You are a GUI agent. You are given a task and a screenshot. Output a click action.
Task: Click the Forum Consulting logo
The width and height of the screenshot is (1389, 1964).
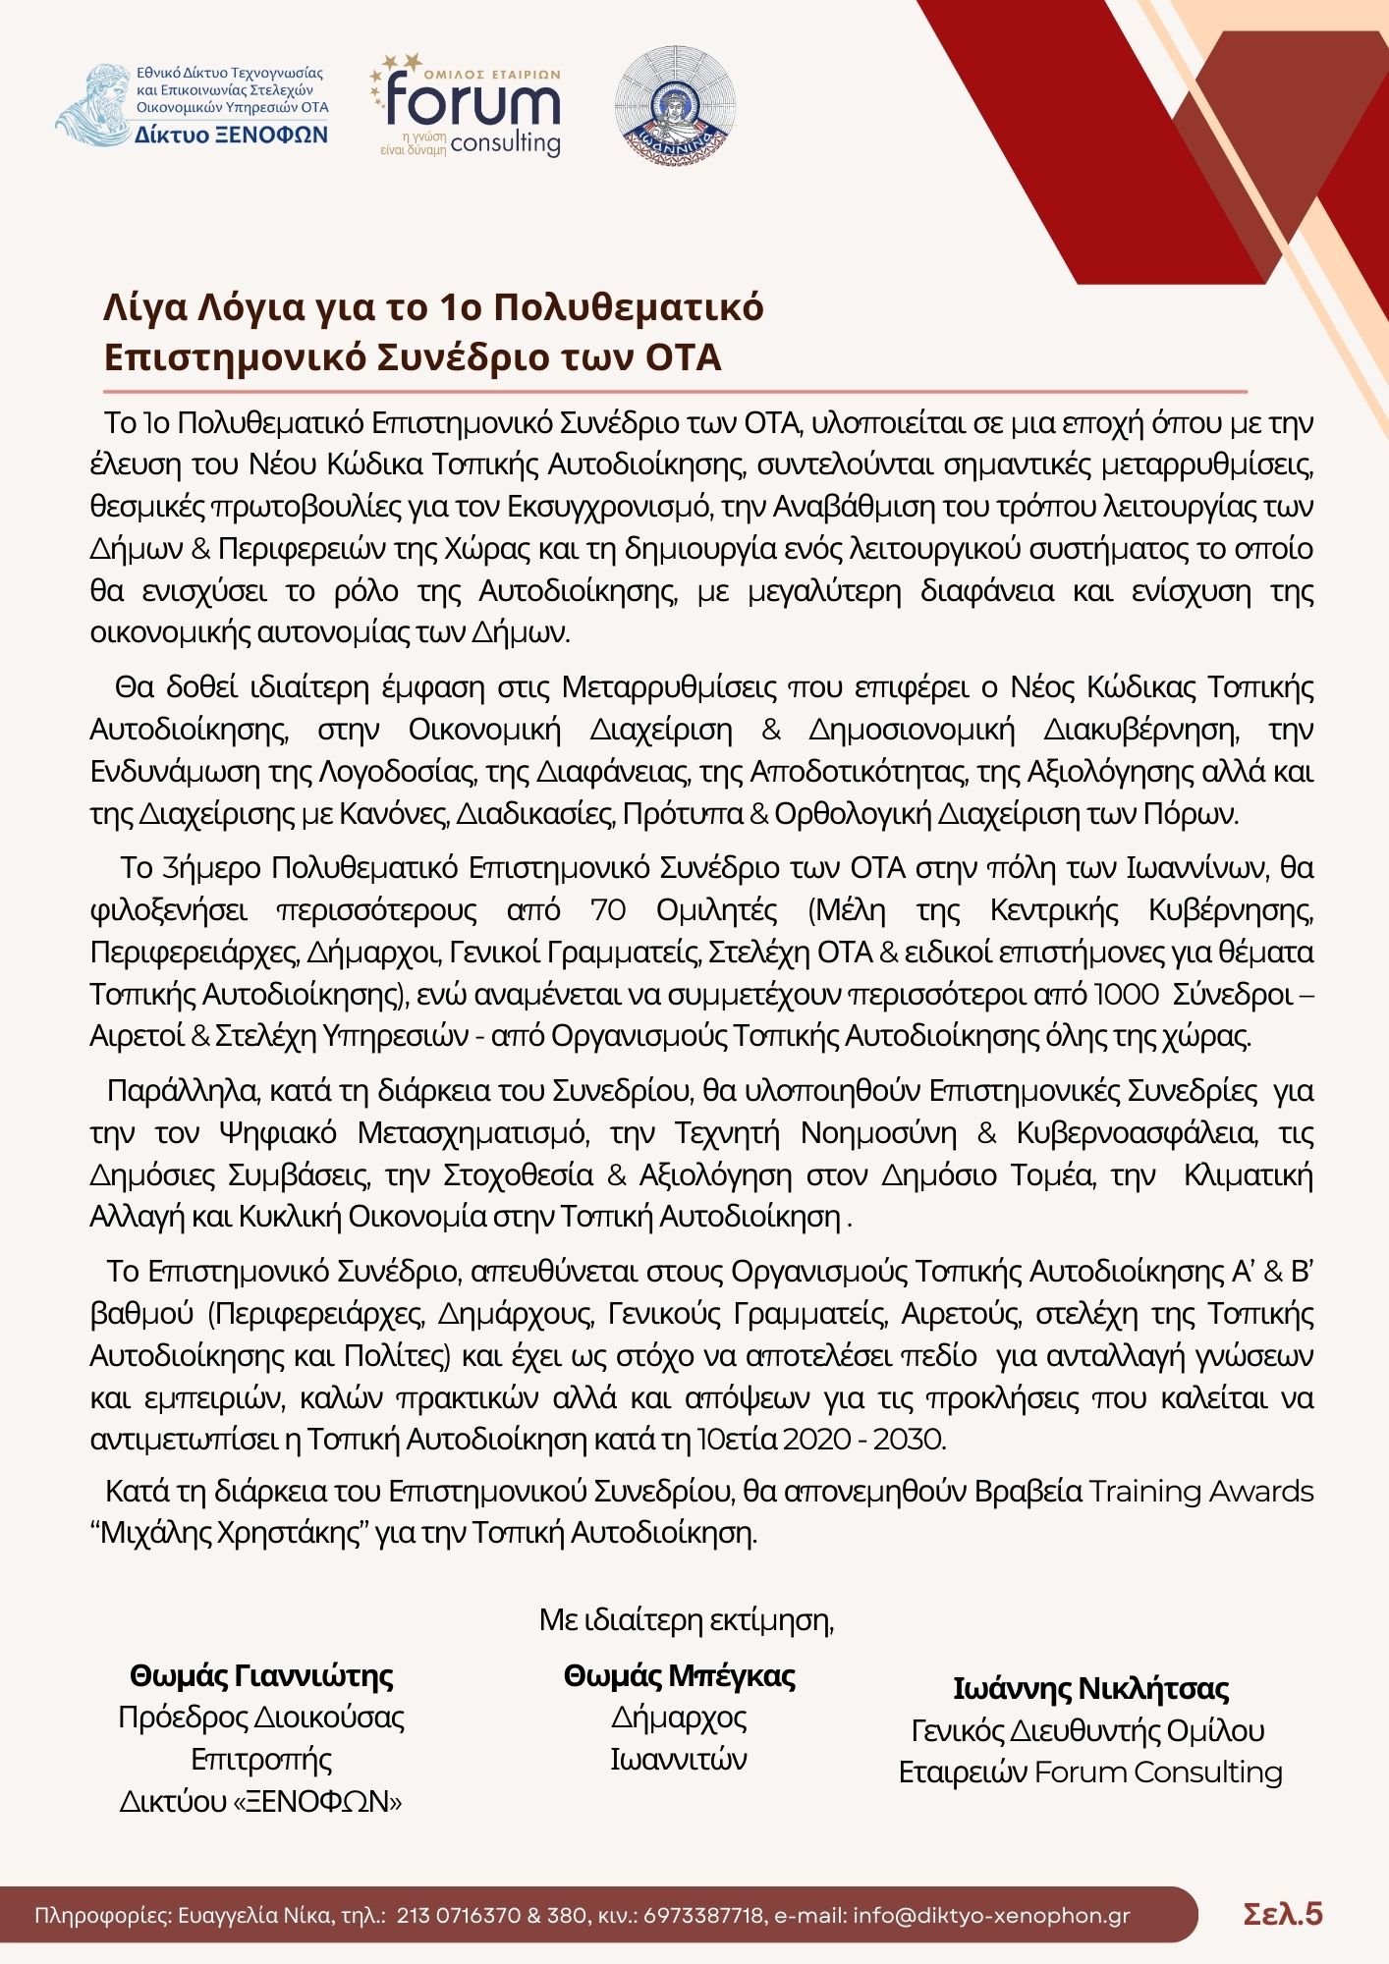pos(467,108)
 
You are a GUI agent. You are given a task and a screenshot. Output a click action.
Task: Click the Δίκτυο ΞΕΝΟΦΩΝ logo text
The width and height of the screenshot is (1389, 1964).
pos(232,135)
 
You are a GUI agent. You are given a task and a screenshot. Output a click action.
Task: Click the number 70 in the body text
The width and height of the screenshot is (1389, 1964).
pos(608,910)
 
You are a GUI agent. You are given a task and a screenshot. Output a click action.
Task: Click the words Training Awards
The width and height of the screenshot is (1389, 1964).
pos(1200,1491)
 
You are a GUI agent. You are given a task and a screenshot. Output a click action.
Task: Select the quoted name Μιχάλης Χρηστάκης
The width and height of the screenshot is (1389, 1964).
pos(231,1533)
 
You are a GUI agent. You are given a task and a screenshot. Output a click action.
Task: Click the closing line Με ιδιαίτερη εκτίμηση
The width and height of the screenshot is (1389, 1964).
pos(686,1619)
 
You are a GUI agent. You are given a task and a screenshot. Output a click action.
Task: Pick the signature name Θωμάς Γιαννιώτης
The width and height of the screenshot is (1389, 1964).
pos(261,1675)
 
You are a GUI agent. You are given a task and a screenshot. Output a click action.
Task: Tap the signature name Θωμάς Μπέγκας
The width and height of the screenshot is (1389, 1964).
pos(679,1675)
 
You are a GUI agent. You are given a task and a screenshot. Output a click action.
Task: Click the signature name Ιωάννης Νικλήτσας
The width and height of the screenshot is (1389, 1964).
pos(1090,1688)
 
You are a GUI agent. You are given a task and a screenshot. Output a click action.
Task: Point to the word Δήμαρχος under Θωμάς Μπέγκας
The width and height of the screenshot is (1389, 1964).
pos(679,1718)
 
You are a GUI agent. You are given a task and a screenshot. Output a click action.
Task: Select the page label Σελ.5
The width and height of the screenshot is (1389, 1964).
pos(1283,1914)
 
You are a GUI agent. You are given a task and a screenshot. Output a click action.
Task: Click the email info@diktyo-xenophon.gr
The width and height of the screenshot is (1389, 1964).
pos(991,1916)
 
